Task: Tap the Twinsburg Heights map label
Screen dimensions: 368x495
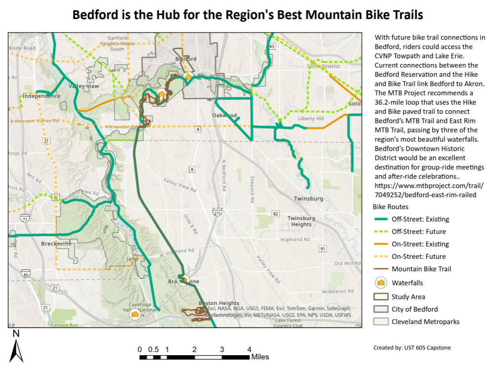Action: click(301, 221)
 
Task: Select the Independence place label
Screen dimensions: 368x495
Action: click(41, 96)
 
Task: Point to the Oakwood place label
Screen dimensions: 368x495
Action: click(224, 115)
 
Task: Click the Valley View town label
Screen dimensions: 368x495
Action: click(84, 86)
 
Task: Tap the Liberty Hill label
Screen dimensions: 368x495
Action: click(311, 119)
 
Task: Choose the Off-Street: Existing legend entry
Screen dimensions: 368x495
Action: click(420, 219)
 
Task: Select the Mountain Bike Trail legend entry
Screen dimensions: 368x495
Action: click(421, 269)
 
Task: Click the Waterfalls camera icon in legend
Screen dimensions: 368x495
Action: click(380, 282)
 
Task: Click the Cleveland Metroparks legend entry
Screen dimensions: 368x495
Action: click(425, 321)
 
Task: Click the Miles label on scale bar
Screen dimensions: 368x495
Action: click(260, 356)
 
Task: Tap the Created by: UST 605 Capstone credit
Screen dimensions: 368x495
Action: click(412, 348)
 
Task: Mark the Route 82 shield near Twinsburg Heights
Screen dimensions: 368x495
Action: click(276, 214)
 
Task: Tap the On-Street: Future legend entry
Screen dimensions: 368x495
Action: click(418, 256)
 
